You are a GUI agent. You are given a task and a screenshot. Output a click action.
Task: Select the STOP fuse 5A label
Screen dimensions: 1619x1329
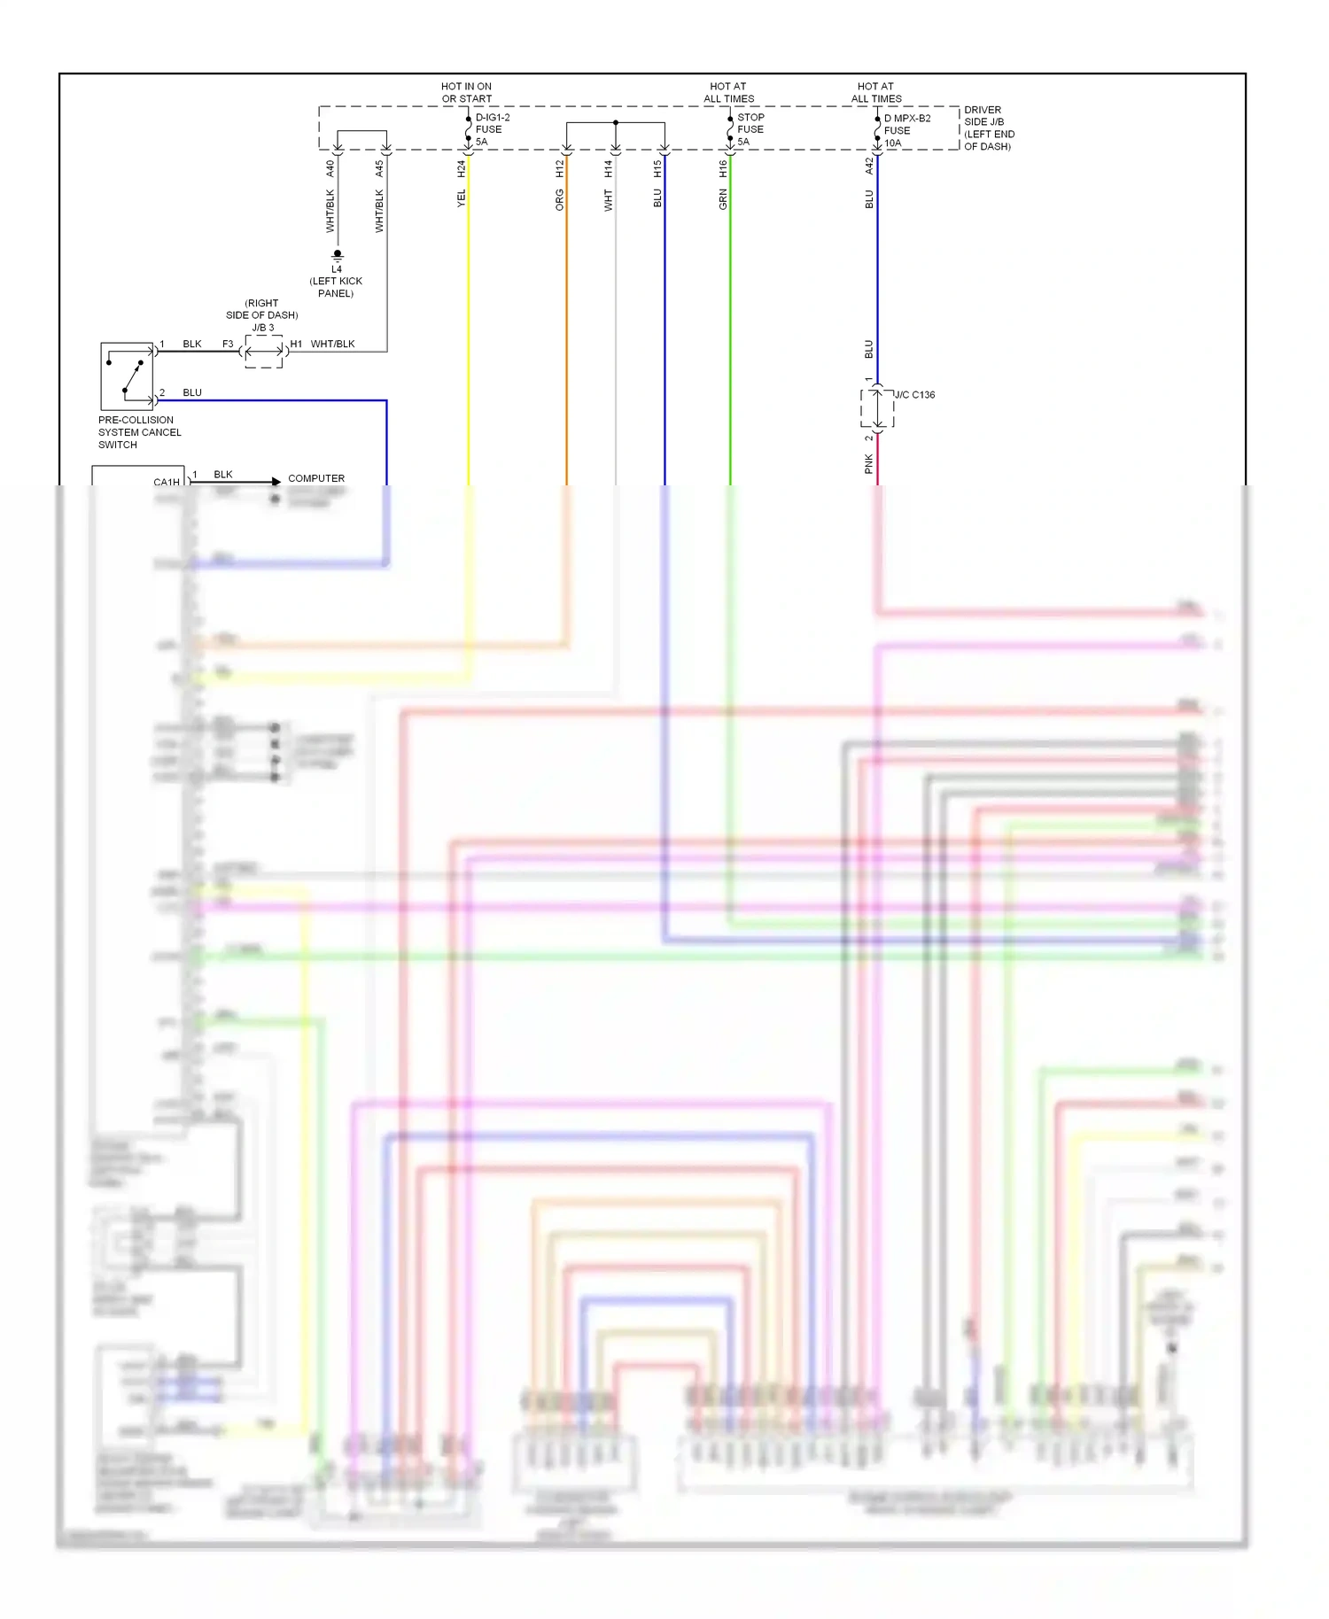pyautogui.click(x=750, y=129)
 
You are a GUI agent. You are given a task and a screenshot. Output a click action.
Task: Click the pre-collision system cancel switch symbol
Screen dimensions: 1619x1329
pyautogui.click(x=127, y=376)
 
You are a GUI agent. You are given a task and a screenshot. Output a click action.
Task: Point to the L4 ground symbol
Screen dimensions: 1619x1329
pyautogui.click(x=337, y=255)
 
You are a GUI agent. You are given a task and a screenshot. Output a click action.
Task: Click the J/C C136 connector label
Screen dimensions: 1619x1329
pyautogui.click(x=915, y=395)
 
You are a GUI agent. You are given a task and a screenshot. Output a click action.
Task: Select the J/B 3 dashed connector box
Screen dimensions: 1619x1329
pyautogui.click(x=263, y=352)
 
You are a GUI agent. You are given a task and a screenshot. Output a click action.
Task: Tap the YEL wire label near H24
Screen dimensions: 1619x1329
pyautogui.click(x=461, y=198)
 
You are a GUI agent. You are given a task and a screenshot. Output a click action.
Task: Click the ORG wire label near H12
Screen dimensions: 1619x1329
pyautogui.click(x=559, y=199)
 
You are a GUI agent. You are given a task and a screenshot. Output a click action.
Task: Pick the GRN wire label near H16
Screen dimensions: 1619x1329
pyautogui.click(x=723, y=199)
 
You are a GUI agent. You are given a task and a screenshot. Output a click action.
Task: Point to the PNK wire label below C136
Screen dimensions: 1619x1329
pyautogui.click(x=868, y=463)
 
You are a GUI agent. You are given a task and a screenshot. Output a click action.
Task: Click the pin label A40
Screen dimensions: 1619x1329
pyautogui.click(x=330, y=168)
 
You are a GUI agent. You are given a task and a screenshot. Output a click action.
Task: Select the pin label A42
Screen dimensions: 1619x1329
pyautogui.click(x=869, y=166)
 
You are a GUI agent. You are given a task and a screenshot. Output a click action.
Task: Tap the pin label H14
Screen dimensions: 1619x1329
pyautogui.click(x=609, y=168)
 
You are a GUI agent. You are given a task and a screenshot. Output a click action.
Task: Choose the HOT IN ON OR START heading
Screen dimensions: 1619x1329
pyautogui.click(x=467, y=93)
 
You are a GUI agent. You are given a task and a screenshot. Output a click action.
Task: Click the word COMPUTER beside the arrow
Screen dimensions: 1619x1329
pyautogui.click(x=316, y=478)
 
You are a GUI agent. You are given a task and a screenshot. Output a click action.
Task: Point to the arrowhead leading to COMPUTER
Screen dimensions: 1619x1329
pyautogui.click(x=276, y=482)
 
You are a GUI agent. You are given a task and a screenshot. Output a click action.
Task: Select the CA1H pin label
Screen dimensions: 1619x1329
pyautogui.click(x=166, y=483)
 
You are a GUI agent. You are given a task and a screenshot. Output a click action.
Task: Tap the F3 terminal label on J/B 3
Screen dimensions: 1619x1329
pyautogui.click(x=228, y=344)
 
